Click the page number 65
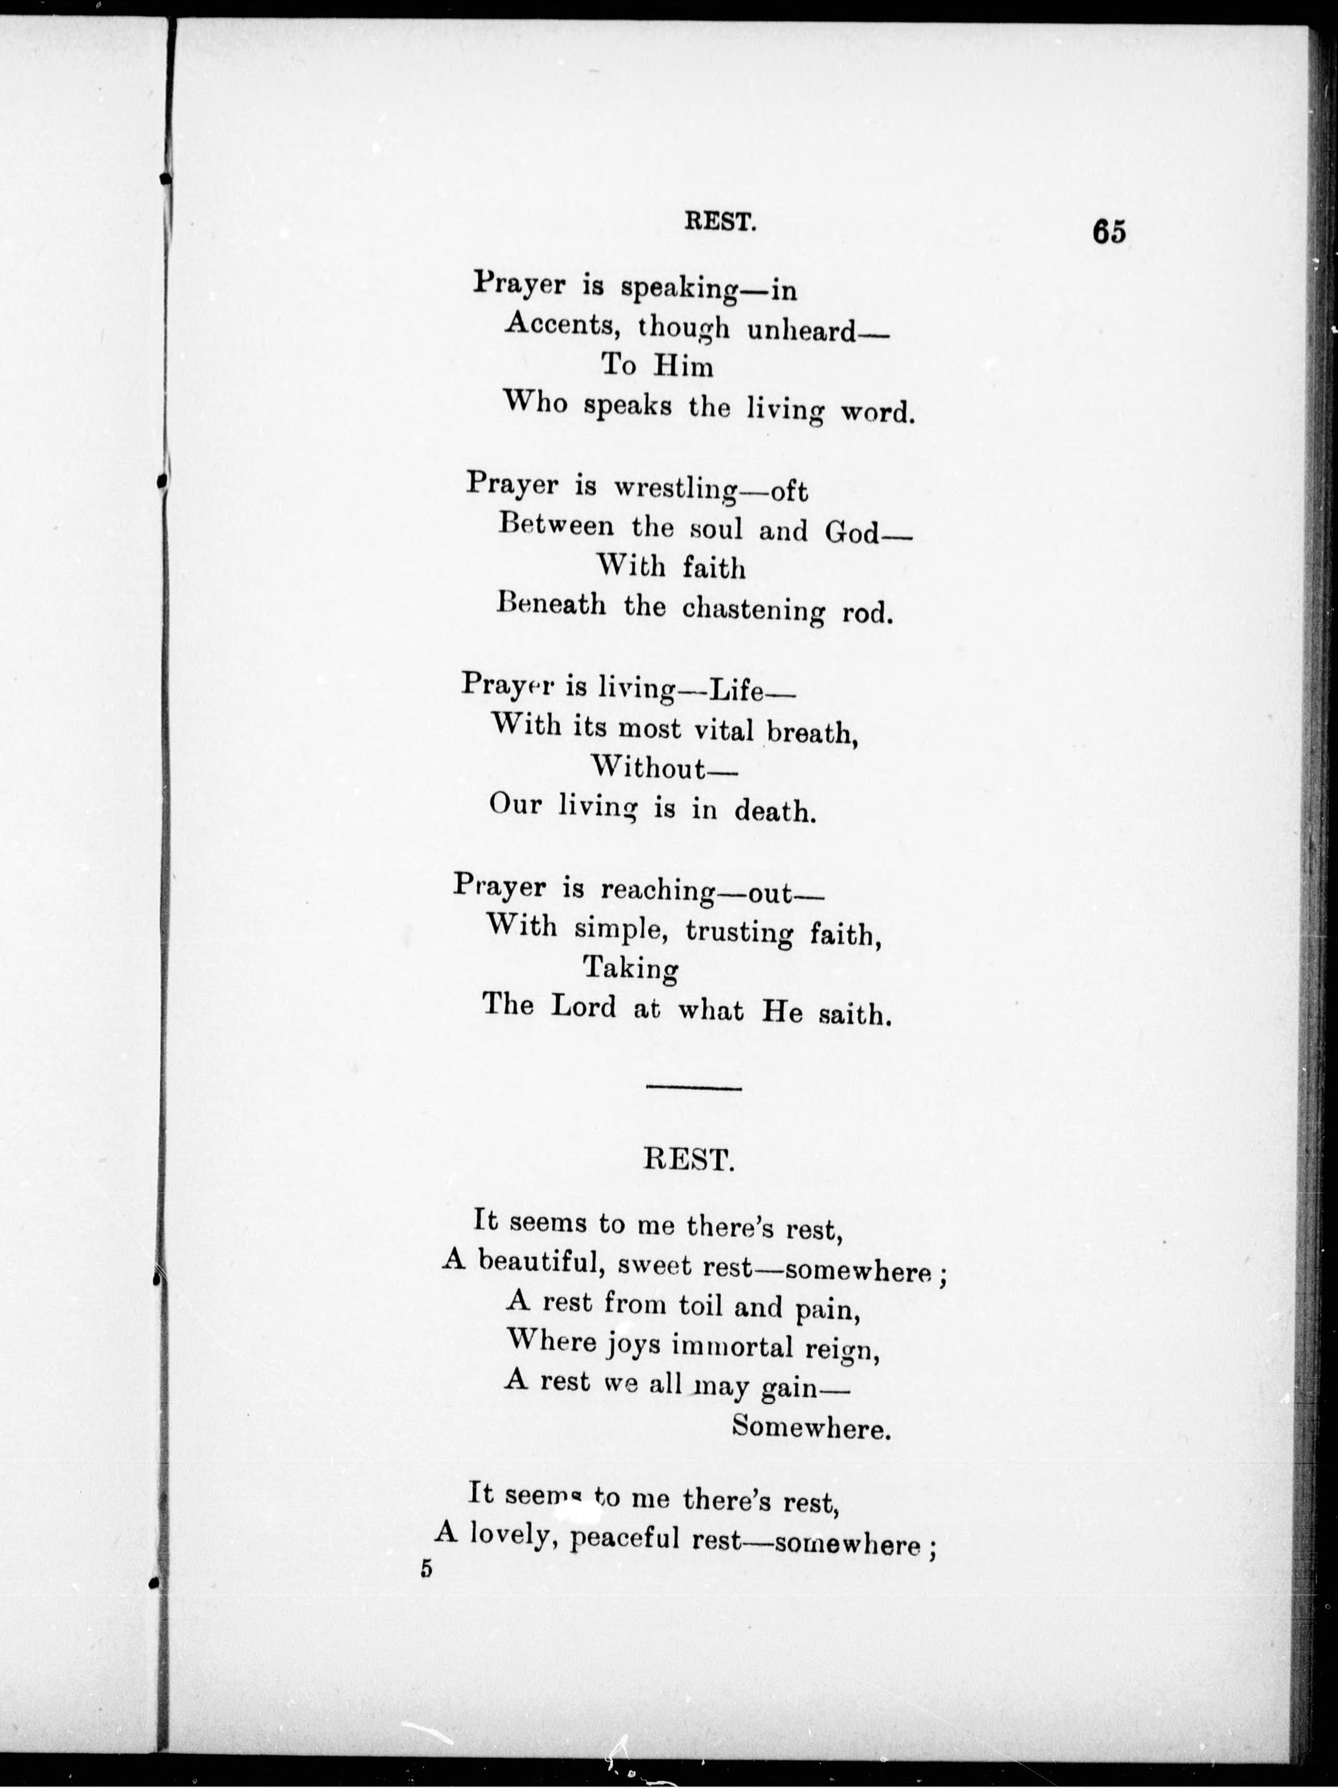1108,231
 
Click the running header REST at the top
719,221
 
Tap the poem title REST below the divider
689,1160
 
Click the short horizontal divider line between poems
694,1088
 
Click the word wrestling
674,489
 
